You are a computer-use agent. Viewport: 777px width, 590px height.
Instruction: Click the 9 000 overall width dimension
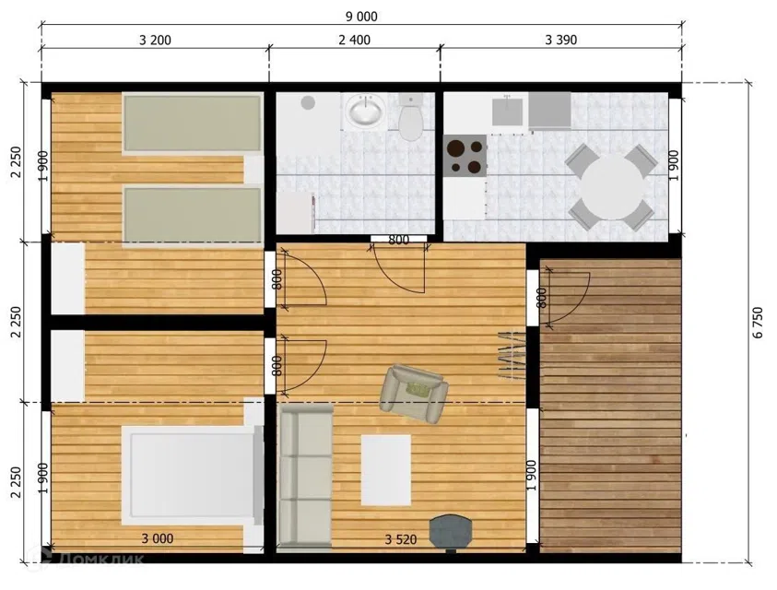(361, 17)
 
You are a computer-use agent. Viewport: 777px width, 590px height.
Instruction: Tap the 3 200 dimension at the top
(155, 41)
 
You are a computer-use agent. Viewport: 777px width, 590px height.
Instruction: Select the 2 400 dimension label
(354, 40)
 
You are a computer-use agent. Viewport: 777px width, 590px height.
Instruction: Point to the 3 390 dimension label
(561, 40)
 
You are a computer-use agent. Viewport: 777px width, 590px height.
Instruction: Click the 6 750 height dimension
(758, 323)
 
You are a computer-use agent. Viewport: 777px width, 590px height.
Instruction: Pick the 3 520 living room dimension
(401, 539)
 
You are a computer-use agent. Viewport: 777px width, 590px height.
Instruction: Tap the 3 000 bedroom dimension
(158, 538)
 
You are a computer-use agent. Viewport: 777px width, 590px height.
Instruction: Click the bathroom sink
(366, 110)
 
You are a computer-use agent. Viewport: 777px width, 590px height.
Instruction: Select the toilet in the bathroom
(410, 117)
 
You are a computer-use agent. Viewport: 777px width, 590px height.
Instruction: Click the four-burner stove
(465, 156)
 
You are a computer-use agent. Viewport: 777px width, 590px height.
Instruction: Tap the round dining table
(613, 188)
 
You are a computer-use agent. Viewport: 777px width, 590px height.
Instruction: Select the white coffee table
(386, 470)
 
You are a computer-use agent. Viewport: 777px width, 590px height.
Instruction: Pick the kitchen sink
(507, 112)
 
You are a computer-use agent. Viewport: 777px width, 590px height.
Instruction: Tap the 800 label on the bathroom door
(399, 240)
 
